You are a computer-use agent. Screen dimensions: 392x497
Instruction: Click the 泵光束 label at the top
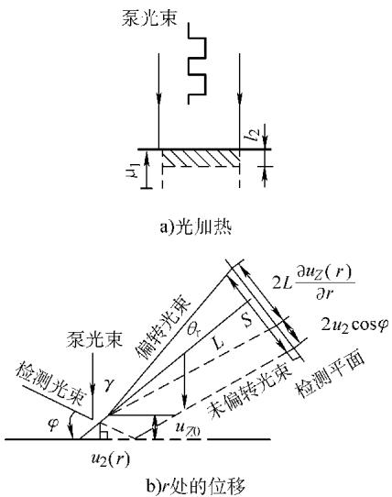[149, 17]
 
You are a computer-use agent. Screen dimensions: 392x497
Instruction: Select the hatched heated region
[201, 158]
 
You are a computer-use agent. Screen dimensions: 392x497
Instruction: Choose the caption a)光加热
[196, 226]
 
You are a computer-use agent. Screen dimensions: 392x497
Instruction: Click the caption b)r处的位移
[195, 486]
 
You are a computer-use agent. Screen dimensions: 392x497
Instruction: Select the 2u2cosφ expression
[354, 325]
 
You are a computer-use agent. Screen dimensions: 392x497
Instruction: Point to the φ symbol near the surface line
[53, 425]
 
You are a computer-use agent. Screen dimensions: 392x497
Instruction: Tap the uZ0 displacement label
[188, 430]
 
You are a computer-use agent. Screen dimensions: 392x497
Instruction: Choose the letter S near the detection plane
[247, 320]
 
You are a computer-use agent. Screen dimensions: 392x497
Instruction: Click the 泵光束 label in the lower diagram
[94, 340]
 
